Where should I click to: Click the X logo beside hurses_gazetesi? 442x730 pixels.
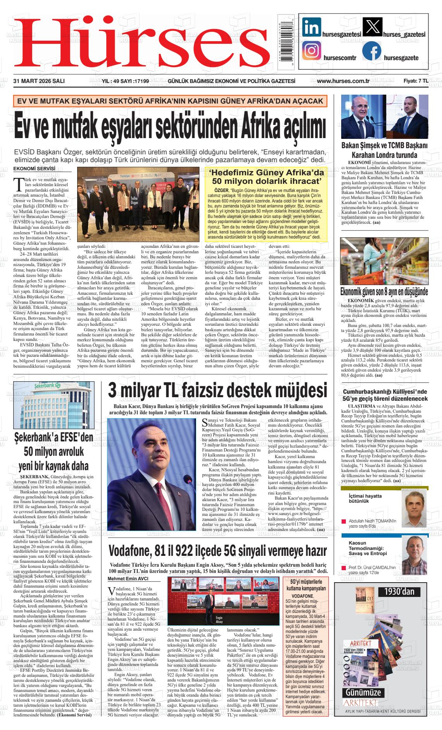click(x=372, y=27)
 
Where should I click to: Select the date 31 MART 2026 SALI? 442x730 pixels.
click(x=39, y=81)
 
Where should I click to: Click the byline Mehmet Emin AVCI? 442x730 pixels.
click(x=128, y=579)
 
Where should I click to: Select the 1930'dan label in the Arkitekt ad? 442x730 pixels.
click(x=399, y=592)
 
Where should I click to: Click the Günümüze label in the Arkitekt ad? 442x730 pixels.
click(x=363, y=692)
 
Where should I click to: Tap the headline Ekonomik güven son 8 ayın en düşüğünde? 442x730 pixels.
click(x=384, y=292)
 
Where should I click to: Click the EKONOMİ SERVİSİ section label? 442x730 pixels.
click(x=34, y=169)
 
